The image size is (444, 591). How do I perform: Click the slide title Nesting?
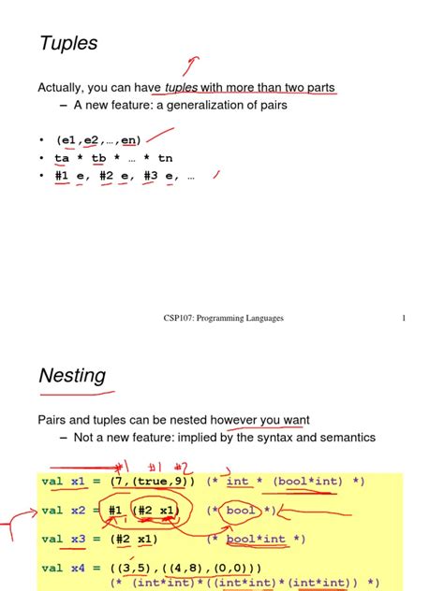pyautogui.click(x=72, y=376)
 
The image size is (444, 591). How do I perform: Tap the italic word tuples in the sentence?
pyautogui.click(x=181, y=88)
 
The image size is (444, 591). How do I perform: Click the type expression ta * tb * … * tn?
pyautogui.click(x=113, y=158)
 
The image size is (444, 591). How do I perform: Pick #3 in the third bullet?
pyautogui.click(x=152, y=175)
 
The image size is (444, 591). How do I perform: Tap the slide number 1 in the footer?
pyautogui.click(x=404, y=318)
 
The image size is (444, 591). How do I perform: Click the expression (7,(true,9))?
pyautogui.click(x=152, y=482)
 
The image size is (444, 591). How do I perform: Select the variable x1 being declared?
pyautogui.click(x=78, y=482)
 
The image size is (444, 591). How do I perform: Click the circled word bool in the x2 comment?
pyautogui.click(x=242, y=511)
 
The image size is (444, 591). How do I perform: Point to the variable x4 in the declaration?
pyautogui.click(x=78, y=569)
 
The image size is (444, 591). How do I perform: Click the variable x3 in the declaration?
pyautogui.click(x=78, y=540)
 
